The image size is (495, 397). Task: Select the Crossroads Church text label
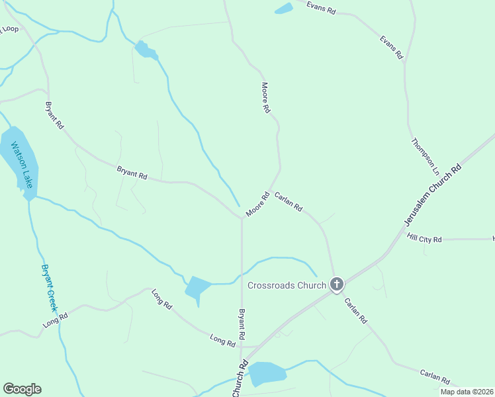(x=287, y=285)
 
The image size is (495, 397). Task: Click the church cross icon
(x=337, y=285)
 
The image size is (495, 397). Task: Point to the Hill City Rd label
(x=424, y=238)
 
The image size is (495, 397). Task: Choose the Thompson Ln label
(x=425, y=156)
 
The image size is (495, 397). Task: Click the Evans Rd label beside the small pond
(x=322, y=7)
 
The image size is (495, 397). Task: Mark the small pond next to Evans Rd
(x=284, y=9)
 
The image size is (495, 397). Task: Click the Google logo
(x=22, y=389)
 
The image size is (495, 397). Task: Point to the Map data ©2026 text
(x=466, y=392)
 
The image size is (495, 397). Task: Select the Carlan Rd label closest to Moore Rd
(x=289, y=201)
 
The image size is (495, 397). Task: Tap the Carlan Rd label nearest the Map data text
(x=435, y=377)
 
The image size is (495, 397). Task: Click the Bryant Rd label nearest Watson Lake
(x=54, y=114)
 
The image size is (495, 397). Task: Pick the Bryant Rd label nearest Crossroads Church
(x=242, y=324)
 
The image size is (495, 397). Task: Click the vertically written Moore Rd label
(x=266, y=97)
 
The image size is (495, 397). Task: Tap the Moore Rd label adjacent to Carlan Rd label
(x=257, y=204)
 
